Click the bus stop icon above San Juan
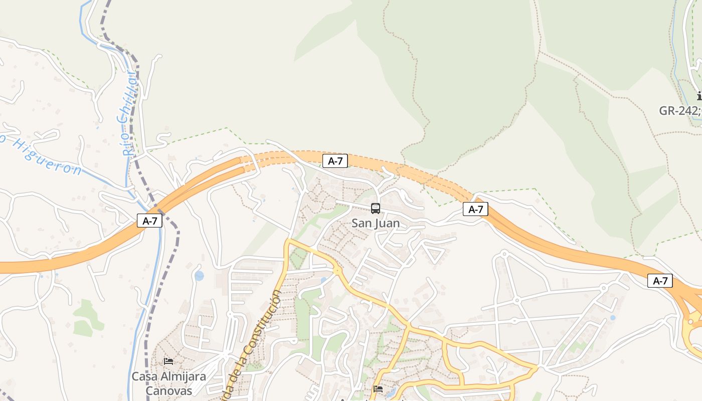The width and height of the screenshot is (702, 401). pos(376,209)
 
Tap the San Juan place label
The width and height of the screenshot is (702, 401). pos(376,223)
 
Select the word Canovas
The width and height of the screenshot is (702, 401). pos(169,390)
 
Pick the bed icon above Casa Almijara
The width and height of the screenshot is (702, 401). pos(168,361)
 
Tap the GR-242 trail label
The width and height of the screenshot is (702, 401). pos(679,111)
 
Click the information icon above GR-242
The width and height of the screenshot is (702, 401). pos(699,96)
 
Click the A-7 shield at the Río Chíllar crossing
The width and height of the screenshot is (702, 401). pos(150,221)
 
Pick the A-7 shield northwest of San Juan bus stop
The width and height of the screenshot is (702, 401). pos(335,161)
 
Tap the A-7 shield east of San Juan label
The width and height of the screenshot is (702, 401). pos(475,209)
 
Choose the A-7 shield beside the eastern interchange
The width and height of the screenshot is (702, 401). pos(660,281)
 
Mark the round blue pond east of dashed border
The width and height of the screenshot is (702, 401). pos(200,276)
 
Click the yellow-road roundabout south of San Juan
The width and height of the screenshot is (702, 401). pos(336,271)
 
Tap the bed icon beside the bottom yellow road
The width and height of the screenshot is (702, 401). pos(379,389)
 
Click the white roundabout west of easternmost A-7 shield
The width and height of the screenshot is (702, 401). pos(604,288)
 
